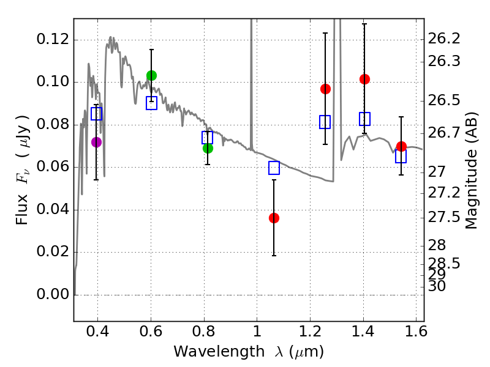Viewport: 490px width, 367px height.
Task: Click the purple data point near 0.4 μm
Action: [96, 142]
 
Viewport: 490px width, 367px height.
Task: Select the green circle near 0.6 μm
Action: [151, 75]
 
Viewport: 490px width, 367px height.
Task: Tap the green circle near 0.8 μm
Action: [208, 148]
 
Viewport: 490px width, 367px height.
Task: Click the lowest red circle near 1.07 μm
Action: [274, 218]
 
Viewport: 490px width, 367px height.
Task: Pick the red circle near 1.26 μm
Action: [325, 89]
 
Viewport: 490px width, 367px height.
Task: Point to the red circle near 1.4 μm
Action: [364, 79]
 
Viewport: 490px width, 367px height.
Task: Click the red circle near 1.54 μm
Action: [401, 146]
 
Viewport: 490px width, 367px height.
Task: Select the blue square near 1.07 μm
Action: [274, 168]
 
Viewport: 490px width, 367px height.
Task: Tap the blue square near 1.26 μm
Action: [325, 122]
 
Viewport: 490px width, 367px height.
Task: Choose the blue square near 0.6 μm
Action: [151, 103]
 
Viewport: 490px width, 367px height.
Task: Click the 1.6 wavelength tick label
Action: [416, 334]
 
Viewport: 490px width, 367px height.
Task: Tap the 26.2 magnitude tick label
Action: [446, 39]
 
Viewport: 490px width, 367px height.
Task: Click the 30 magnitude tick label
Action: [439, 286]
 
